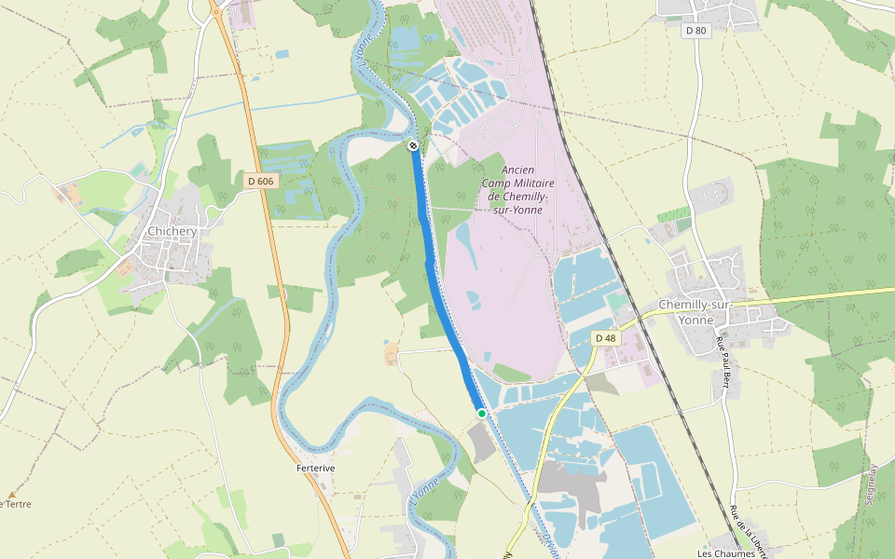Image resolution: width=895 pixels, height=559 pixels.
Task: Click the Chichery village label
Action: [172, 231]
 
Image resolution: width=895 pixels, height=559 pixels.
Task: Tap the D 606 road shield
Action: [261, 181]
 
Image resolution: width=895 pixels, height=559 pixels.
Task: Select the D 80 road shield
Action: [696, 31]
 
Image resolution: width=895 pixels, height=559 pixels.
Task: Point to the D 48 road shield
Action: [606, 338]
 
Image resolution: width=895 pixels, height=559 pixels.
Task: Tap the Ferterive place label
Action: [315, 468]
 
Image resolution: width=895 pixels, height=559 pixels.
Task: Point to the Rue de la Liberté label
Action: [750, 531]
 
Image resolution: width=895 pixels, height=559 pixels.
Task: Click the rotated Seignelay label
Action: [872, 485]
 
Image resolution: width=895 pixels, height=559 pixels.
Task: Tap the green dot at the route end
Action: [482, 413]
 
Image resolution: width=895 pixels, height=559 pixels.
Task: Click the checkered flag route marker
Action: [412, 145]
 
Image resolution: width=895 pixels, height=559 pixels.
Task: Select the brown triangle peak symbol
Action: [12, 495]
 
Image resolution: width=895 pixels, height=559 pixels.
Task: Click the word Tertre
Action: [18, 505]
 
